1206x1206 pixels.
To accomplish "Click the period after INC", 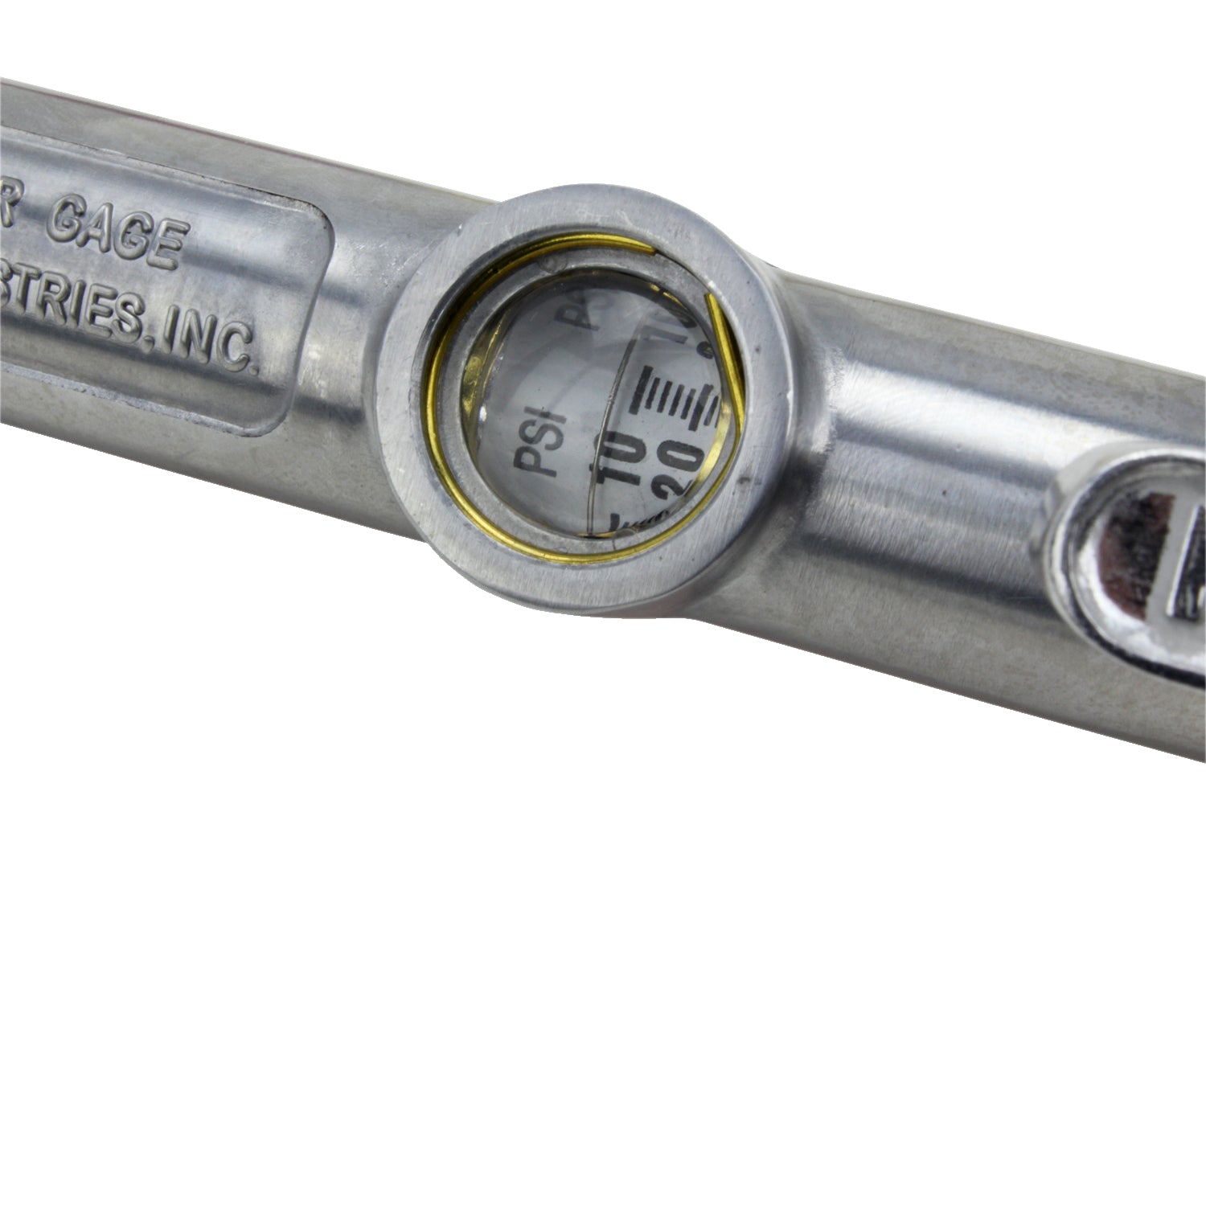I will (255, 369).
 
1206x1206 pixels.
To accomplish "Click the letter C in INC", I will (233, 347).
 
